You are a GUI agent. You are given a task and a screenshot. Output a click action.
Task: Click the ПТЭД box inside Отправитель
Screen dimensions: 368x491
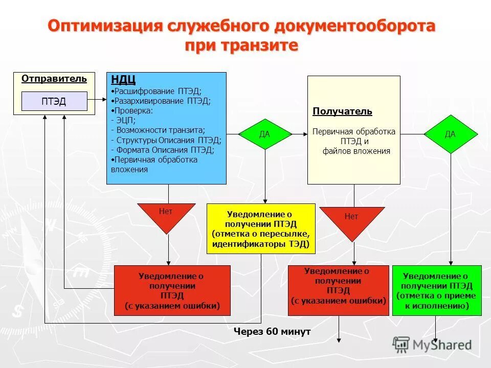pyautogui.click(x=54, y=101)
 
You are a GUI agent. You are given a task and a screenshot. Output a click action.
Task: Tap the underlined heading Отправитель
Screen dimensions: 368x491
pyautogui.click(x=54, y=79)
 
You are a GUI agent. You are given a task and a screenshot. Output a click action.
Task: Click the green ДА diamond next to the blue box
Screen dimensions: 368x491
pyautogui.click(x=264, y=134)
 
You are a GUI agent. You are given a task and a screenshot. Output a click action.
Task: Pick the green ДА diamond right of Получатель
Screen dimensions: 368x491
pyautogui.click(x=450, y=134)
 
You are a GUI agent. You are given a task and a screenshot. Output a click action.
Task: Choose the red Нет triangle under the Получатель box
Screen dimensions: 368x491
pyautogui.click(x=351, y=221)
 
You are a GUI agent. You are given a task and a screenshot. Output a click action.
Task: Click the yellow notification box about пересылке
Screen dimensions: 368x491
pyautogui.click(x=261, y=228)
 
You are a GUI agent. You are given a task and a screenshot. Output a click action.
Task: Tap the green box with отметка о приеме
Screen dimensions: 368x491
pyautogui.click(x=436, y=291)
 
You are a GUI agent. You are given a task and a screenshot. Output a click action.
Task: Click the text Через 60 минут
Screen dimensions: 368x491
pyautogui.click(x=272, y=332)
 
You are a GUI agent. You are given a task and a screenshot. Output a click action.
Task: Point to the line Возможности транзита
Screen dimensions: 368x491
pyautogui.click(x=160, y=130)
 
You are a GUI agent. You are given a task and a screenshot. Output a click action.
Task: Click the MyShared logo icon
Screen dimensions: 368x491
pyautogui.click(x=401, y=344)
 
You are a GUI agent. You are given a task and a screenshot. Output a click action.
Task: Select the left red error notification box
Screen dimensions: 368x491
pyautogui.click(x=172, y=290)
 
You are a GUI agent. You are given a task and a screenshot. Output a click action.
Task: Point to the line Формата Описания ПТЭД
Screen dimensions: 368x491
pyautogui.click(x=165, y=150)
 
